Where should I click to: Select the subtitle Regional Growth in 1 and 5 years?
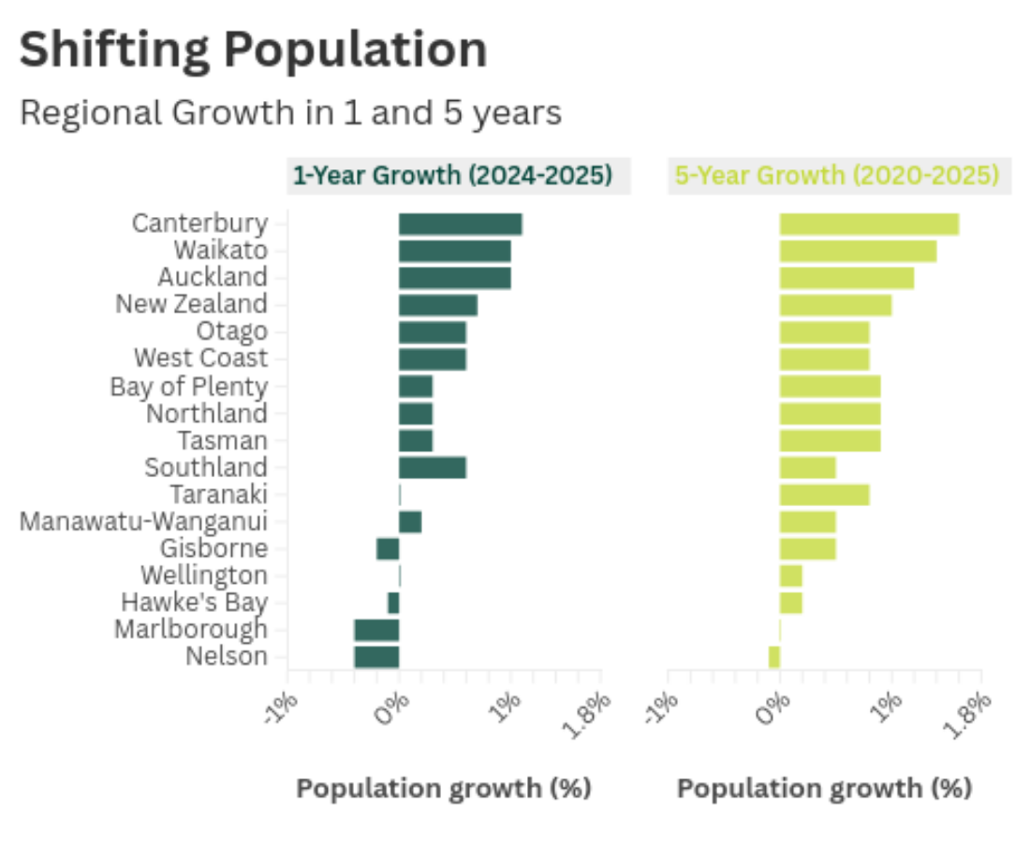290,113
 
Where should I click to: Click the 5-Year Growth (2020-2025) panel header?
836,176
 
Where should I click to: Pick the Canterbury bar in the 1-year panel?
460,225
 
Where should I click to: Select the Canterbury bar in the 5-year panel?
869,225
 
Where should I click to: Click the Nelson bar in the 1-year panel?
376,657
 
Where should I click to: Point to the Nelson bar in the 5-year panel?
774,657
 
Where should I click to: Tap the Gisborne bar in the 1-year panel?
388,548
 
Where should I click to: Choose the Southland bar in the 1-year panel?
433,468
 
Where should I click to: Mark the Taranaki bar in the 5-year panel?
824,495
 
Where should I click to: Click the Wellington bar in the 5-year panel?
790,575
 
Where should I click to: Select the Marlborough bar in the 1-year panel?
376,630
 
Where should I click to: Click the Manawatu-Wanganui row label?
144,521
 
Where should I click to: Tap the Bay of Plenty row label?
188,386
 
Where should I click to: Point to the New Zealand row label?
191,305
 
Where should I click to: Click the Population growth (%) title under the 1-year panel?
444,789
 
